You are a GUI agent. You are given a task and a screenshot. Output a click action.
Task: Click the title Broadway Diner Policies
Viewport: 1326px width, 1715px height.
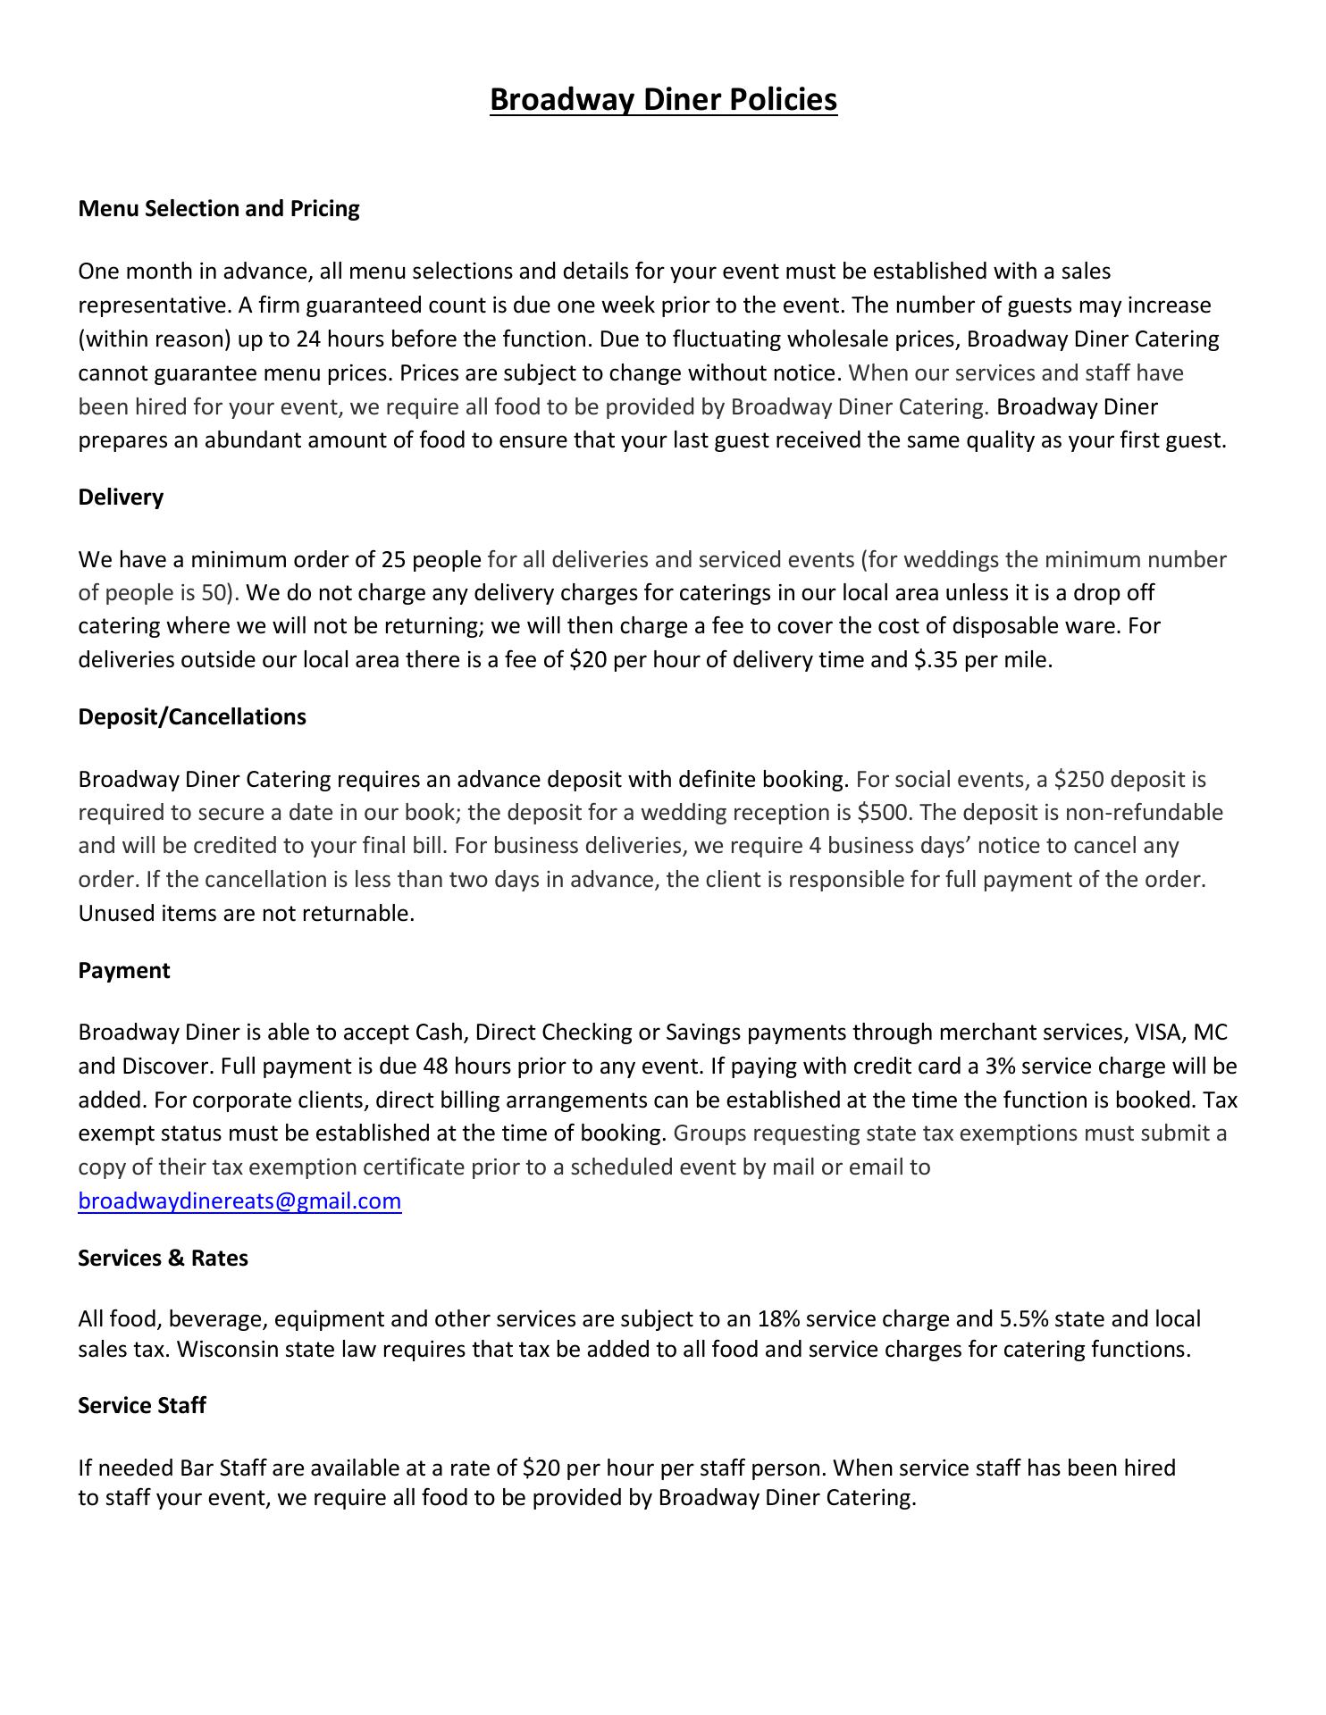pos(663,99)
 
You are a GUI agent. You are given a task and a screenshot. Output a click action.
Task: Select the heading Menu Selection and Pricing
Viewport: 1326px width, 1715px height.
pos(219,209)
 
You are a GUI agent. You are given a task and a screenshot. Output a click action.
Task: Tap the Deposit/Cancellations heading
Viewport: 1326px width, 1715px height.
pos(192,717)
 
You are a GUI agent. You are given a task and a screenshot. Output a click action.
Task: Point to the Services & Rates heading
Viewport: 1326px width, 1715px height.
pos(163,1259)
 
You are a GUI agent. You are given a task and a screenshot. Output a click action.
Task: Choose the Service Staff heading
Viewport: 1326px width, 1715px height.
pos(142,1406)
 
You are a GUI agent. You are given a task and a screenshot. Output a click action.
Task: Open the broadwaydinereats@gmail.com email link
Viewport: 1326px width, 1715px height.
pos(239,1201)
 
